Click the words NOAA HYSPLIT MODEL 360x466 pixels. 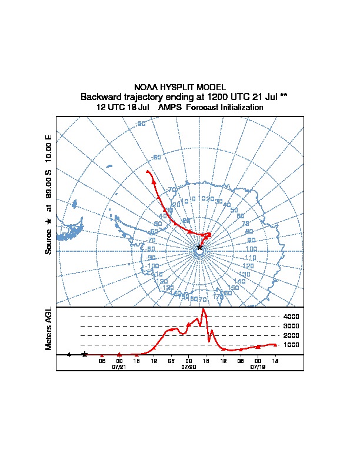180,87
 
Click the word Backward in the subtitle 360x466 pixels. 101,96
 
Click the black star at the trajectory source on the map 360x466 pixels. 199,248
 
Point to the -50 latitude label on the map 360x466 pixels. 141,124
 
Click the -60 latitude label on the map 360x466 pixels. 156,157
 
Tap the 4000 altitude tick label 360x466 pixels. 291,317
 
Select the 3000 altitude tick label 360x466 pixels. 291,326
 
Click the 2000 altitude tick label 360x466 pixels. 291,335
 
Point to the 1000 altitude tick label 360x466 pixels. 291,345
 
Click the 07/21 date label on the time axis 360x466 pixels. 119,367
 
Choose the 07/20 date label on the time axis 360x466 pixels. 188,367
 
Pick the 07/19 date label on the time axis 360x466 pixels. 258,367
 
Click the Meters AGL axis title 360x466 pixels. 49,328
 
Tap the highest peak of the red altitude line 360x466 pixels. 204,309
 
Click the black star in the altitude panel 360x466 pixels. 85,354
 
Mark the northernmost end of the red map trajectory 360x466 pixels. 147,171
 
